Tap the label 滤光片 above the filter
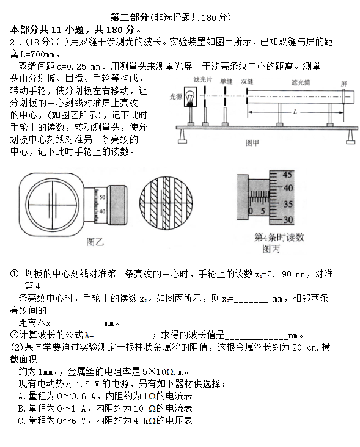[202, 80]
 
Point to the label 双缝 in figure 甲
[248, 80]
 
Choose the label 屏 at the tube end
[344, 83]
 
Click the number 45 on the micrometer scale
[289, 174]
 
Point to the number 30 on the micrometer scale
[289, 220]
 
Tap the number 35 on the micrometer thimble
[289, 205]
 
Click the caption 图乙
[95, 242]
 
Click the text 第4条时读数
[279, 238]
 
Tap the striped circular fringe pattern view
[167, 202]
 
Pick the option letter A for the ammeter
[21, 396]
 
